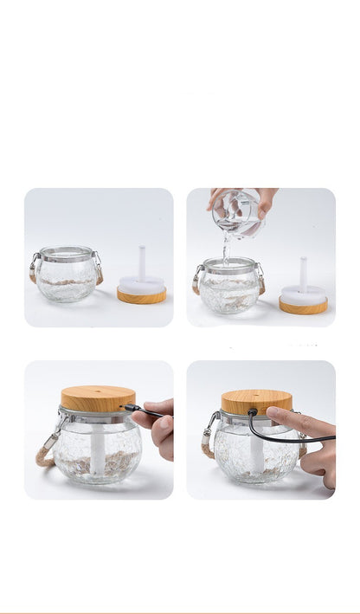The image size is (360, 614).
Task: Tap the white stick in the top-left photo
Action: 142,263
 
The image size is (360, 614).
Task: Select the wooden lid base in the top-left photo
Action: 141,296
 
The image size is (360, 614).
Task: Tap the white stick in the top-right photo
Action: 303,272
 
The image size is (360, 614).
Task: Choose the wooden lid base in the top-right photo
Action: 303,306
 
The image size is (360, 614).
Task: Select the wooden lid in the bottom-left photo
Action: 98,398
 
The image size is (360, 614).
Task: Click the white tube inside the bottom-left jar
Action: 98,450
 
